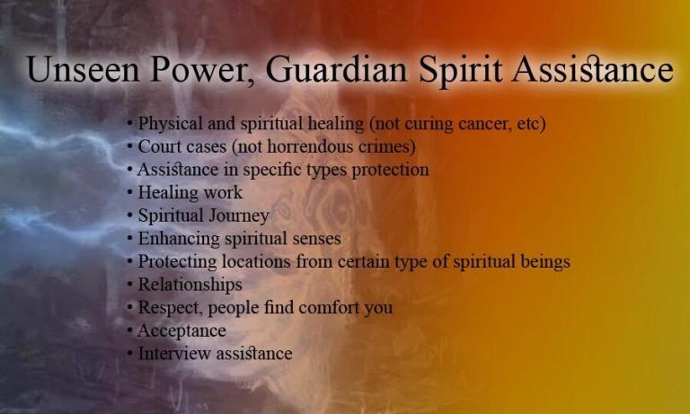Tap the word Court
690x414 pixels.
pyautogui.click(x=158, y=146)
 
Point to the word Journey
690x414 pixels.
pyautogui.click(x=238, y=216)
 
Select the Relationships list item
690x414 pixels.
pyautogui.click(x=190, y=285)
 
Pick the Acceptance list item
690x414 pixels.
pyautogui.click(x=181, y=330)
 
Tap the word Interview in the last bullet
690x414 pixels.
pyautogui.click(x=172, y=353)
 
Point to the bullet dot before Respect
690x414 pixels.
pyautogui.click(x=131, y=308)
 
